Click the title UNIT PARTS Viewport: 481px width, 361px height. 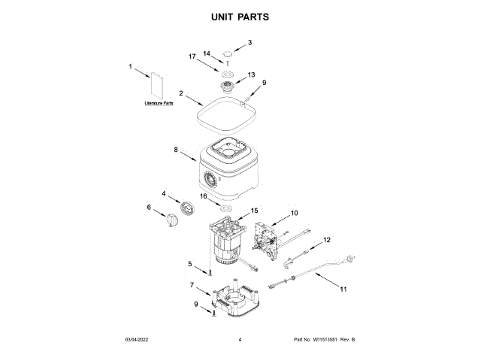coord(240,16)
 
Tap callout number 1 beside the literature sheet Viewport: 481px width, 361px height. coord(130,66)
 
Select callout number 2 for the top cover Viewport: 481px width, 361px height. coord(181,93)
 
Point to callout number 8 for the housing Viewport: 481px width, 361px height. coord(176,150)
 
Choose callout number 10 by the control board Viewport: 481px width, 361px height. coord(294,214)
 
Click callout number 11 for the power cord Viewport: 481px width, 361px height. coord(343,289)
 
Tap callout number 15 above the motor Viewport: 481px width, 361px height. coord(254,211)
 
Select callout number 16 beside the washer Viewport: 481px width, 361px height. coord(203,196)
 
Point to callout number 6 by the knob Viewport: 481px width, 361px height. coord(148,208)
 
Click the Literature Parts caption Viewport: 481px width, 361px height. coord(159,103)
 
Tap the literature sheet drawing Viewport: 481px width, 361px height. coord(158,85)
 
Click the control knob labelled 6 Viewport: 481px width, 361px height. coord(173,219)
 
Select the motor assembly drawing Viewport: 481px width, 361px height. coord(225,241)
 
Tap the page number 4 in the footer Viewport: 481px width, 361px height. coord(240,340)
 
